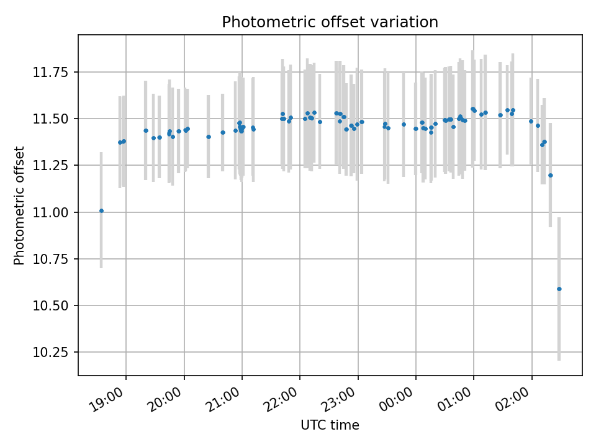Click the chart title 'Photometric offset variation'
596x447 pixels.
pyautogui.click(x=330, y=22)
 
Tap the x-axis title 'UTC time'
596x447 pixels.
pyautogui.click(x=330, y=425)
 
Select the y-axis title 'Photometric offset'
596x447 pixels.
pyautogui.click(x=19, y=205)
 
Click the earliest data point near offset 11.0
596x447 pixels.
pyautogui.click(x=101, y=210)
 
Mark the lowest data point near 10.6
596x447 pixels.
pyautogui.click(x=559, y=289)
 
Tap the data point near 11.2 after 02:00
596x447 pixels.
pyautogui.click(x=550, y=175)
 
